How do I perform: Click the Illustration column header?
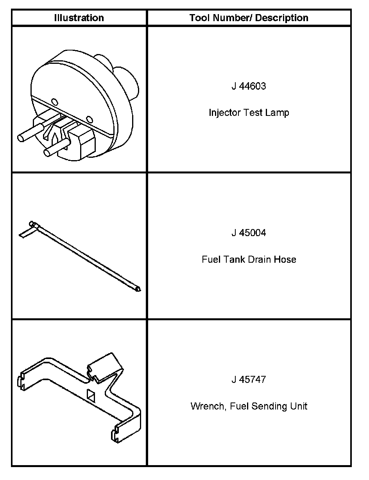pyautogui.click(x=79, y=18)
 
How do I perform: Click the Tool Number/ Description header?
pyautogui.click(x=249, y=18)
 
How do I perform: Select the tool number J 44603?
pyautogui.click(x=249, y=87)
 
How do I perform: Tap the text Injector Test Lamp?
pyautogui.click(x=249, y=113)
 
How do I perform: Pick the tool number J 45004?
pyautogui.click(x=249, y=233)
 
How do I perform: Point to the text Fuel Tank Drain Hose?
pyautogui.click(x=249, y=260)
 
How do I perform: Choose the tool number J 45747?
pyautogui.click(x=249, y=380)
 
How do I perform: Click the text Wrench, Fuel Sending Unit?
pyautogui.click(x=249, y=406)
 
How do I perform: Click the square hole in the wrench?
pyautogui.click(x=91, y=396)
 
